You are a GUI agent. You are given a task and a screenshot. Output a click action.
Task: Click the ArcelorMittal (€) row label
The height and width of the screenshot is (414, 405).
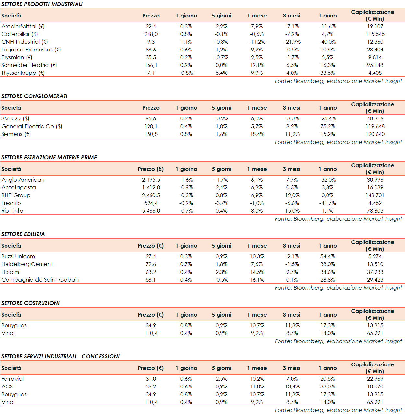click(23, 26)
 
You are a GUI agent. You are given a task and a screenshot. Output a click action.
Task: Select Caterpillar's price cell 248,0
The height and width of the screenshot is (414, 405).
click(151, 34)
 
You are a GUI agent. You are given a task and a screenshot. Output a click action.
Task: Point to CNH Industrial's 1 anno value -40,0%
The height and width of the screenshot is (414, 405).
click(328, 42)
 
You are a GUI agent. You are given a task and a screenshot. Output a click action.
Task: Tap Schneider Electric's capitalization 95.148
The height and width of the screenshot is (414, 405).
click(375, 65)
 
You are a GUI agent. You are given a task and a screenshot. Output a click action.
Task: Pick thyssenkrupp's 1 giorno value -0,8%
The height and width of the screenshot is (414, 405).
click(186, 73)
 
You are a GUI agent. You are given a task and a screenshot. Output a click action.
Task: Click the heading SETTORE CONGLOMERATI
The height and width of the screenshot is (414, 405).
click(34, 96)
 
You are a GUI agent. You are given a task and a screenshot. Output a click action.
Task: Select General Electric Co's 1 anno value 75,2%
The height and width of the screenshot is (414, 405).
click(328, 126)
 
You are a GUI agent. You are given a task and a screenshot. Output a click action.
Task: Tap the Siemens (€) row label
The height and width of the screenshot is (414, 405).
click(16, 134)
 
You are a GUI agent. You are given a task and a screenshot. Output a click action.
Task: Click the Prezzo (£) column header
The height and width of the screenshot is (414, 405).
click(151, 169)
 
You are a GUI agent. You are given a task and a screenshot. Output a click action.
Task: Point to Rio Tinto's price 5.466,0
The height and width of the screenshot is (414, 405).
click(151, 211)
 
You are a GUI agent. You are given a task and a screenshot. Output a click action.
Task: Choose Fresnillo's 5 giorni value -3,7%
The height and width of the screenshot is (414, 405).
click(221, 203)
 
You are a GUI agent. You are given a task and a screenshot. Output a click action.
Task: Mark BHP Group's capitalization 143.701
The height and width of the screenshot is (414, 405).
click(375, 195)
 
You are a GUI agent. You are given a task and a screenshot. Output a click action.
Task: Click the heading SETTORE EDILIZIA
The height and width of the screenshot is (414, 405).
click(23, 234)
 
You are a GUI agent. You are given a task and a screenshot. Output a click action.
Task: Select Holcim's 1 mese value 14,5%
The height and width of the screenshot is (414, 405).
click(257, 272)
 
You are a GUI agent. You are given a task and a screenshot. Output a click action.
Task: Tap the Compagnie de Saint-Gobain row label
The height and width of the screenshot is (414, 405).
click(41, 280)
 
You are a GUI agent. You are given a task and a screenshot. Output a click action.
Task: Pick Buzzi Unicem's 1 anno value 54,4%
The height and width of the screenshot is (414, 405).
click(328, 256)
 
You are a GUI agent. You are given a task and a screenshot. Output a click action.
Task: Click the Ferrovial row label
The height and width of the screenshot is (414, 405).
click(13, 379)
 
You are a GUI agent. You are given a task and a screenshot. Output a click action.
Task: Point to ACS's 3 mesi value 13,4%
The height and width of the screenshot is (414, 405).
click(292, 386)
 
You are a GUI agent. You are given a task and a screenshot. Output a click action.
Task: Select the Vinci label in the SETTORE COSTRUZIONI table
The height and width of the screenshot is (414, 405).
click(8, 333)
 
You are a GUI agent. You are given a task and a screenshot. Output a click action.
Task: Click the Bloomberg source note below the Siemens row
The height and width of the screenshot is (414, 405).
click(338, 142)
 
